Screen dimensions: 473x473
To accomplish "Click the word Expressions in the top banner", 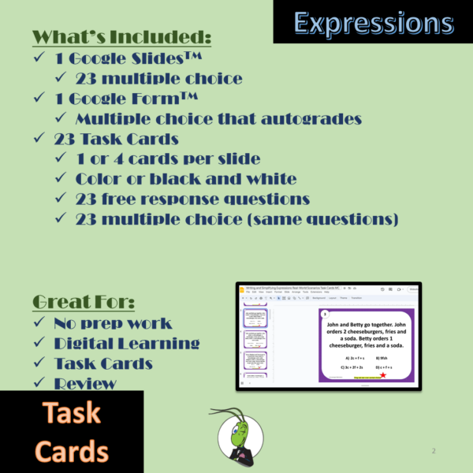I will [374, 22].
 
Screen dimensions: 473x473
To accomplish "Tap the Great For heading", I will [84, 302].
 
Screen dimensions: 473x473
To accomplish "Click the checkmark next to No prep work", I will [42, 323].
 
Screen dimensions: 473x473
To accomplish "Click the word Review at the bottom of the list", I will [85, 384].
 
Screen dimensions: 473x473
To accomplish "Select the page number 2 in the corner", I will [434, 451].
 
